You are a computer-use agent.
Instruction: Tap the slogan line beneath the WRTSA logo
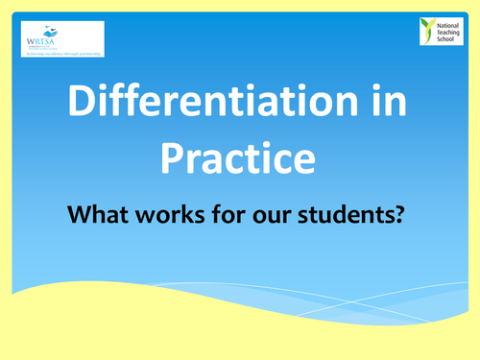point(62,54)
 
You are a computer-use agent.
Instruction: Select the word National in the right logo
point(448,23)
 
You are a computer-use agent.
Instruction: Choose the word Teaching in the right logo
point(449,31)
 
